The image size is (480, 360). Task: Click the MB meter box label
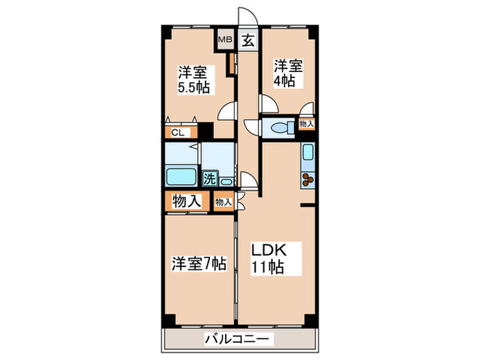(x=224, y=39)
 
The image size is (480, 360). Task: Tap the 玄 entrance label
(x=248, y=40)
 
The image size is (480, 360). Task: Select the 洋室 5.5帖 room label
(x=194, y=80)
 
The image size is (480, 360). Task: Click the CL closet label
(x=176, y=133)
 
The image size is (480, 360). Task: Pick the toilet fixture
(x=279, y=128)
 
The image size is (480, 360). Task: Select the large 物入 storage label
(x=186, y=202)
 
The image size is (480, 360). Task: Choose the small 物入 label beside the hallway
(x=223, y=202)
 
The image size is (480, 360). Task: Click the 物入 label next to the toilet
(x=307, y=125)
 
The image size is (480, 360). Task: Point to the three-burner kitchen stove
(x=306, y=180)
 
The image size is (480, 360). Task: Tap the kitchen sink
(x=307, y=154)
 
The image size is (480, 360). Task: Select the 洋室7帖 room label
(x=199, y=263)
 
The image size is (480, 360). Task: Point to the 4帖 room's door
(x=267, y=105)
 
